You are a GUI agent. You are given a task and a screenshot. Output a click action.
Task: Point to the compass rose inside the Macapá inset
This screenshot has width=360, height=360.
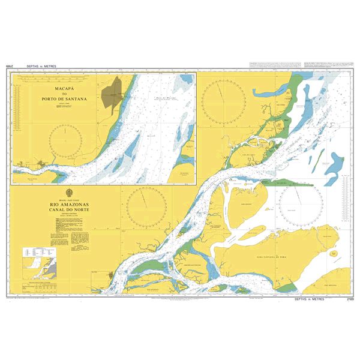point(68,139)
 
